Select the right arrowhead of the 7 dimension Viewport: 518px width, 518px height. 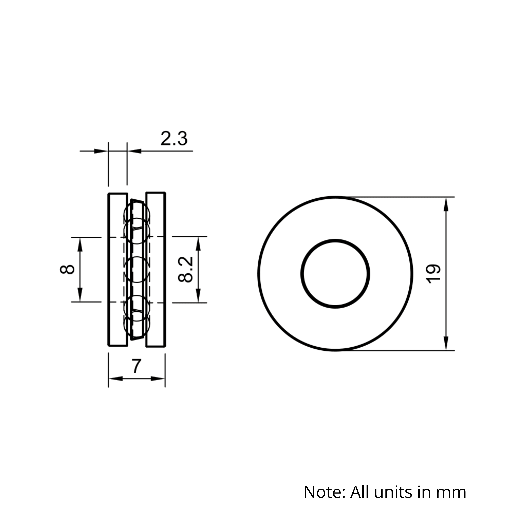click(x=158, y=379)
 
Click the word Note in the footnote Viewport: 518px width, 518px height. click(x=324, y=492)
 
